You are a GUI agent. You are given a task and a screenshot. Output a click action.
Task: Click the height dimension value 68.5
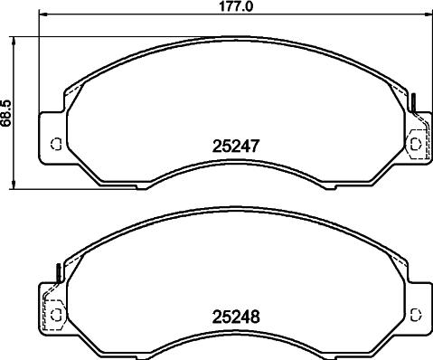7,115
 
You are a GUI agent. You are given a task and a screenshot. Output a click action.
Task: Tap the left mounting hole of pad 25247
54,143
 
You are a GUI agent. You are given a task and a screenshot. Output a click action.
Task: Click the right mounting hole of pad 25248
417,314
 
